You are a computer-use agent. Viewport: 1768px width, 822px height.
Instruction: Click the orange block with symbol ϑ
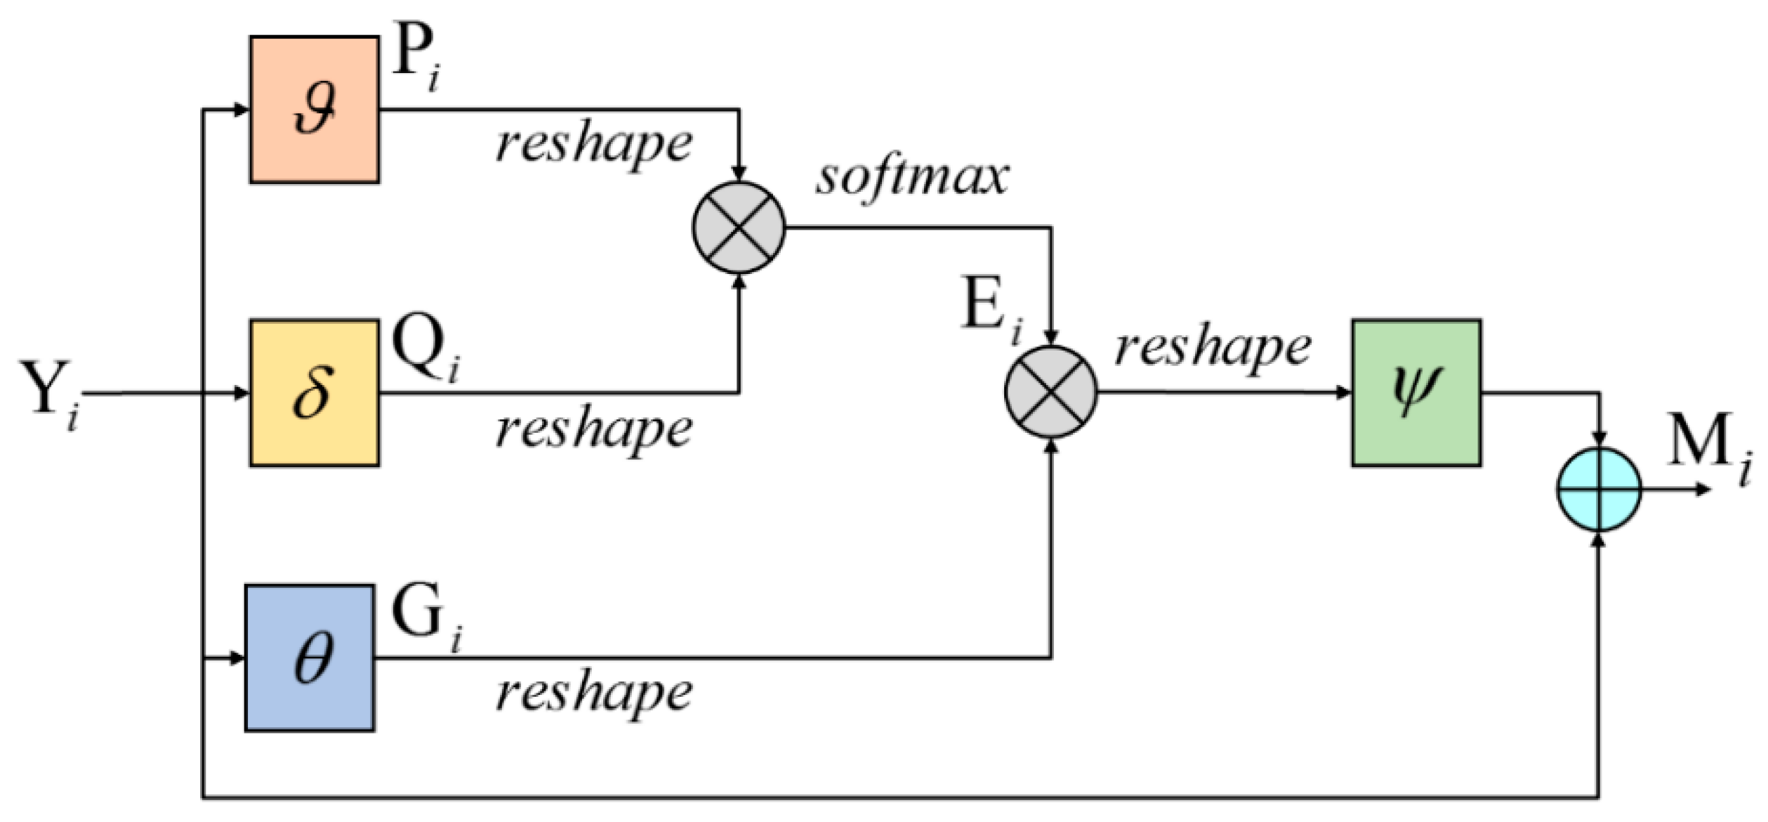pos(315,110)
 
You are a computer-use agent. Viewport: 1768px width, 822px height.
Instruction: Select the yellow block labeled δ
pos(315,393)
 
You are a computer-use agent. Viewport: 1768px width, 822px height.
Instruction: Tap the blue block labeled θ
pos(310,658)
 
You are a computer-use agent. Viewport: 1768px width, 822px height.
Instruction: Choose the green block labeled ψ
pos(1416,393)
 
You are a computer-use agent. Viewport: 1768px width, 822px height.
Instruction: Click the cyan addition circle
pos(1599,490)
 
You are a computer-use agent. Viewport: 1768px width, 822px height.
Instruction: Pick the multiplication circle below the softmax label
pos(739,228)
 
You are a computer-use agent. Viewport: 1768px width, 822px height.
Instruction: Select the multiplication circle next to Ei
pos(1050,392)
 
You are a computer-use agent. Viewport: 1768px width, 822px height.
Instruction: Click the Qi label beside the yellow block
pos(425,348)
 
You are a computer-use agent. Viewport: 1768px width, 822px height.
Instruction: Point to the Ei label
pos(990,309)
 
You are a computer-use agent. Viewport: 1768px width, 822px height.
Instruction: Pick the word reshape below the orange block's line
pos(594,146)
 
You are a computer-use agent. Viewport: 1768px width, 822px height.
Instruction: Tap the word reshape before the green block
pos(1213,348)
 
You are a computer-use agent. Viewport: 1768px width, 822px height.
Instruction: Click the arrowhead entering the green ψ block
pos(1344,393)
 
